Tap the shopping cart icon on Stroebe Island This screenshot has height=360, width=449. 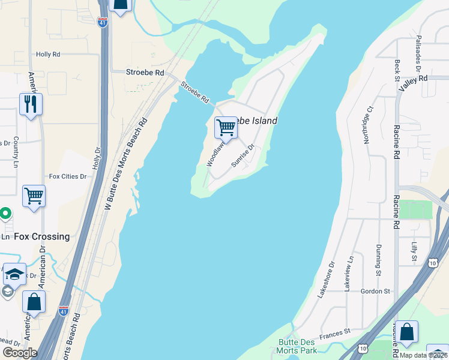[226, 127]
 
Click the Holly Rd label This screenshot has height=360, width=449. [48, 54]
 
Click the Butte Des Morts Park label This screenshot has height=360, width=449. [297, 346]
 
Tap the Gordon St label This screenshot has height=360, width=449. [375, 291]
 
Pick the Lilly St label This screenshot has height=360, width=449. [414, 252]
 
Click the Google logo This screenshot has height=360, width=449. [20, 353]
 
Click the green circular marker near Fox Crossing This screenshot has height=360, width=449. [5, 213]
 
